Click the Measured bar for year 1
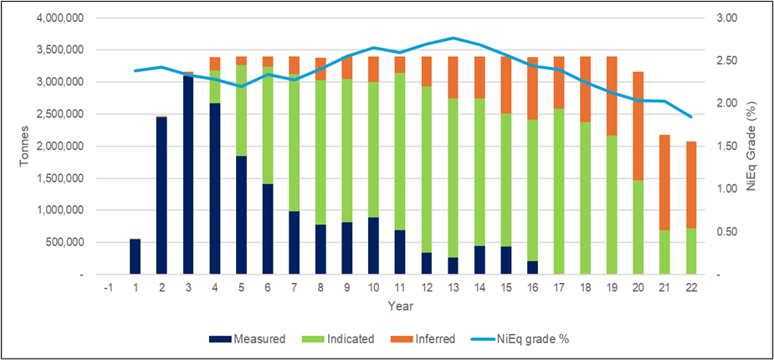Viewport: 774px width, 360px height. tap(135, 257)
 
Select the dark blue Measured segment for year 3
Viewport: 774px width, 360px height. tap(188, 176)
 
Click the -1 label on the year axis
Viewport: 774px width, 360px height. tap(108, 287)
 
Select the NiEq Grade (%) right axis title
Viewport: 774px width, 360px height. tap(753, 147)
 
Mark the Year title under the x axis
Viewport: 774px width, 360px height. tap(399, 306)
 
